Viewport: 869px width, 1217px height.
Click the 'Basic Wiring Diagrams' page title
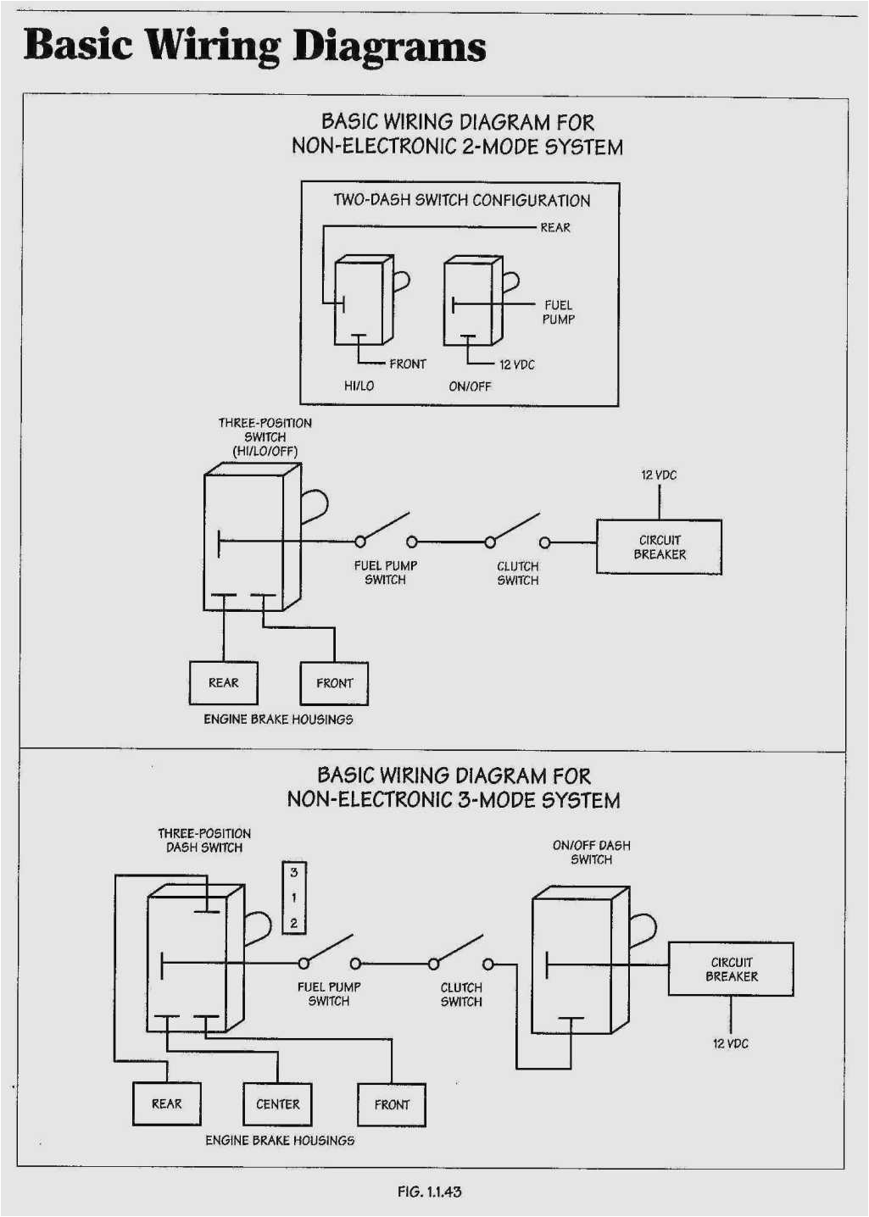[x=254, y=46]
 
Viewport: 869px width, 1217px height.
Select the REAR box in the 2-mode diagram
[x=223, y=683]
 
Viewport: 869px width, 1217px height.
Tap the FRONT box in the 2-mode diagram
[x=335, y=683]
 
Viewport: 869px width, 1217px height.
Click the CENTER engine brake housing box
[x=277, y=1104]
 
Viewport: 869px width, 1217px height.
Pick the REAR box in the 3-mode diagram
[x=166, y=1104]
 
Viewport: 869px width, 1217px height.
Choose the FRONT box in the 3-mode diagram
[x=391, y=1105]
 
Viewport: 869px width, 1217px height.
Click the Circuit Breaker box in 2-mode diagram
[x=659, y=547]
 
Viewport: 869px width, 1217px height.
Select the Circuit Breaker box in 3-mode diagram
[x=731, y=970]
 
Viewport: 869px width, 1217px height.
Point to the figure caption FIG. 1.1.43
[x=429, y=1192]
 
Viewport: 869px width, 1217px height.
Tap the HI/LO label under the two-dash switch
[x=359, y=386]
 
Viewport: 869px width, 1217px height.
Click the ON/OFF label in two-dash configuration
[x=470, y=386]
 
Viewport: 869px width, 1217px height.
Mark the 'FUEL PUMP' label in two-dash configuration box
[x=559, y=312]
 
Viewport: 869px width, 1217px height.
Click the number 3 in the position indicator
[x=293, y=872]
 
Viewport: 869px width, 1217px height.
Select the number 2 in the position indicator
[x=293, y=923]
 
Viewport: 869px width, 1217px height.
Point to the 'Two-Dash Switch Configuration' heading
[x=461, y=201]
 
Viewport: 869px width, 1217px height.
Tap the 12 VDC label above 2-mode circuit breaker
[x=659, y=475]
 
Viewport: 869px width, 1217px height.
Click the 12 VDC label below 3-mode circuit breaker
[x=730, y=1044]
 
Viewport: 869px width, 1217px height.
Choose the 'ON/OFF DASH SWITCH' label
[x=591, y=853]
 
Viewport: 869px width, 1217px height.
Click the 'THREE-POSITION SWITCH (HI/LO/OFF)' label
[x=265, y=437]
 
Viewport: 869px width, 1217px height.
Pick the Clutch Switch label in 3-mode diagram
[x=460, y=995]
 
